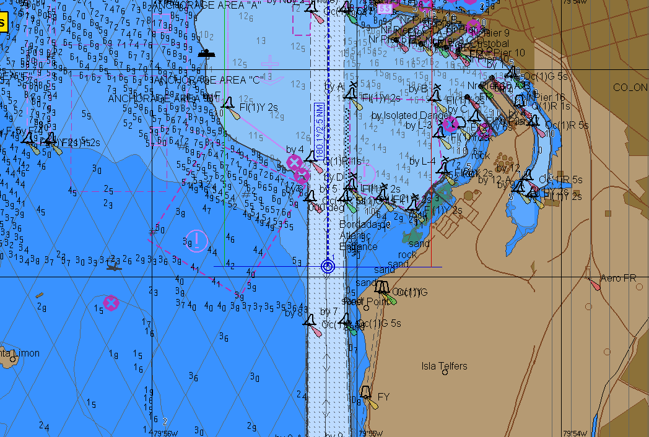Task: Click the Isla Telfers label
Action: click(444, 366)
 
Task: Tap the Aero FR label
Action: click(617, 279)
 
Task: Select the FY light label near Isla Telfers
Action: click(383, 397)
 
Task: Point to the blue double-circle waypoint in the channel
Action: click(328, 267)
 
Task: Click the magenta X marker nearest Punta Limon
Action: click(111, 303)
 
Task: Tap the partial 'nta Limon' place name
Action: click(20, 353)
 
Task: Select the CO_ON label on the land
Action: click(630, 87)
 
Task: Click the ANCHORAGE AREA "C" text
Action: click(208, 80)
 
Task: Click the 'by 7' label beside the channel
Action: click(329, 311)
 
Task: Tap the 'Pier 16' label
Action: click(549, 97)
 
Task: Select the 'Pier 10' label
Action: click(509, 53)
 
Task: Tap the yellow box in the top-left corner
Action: click(3, 24)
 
